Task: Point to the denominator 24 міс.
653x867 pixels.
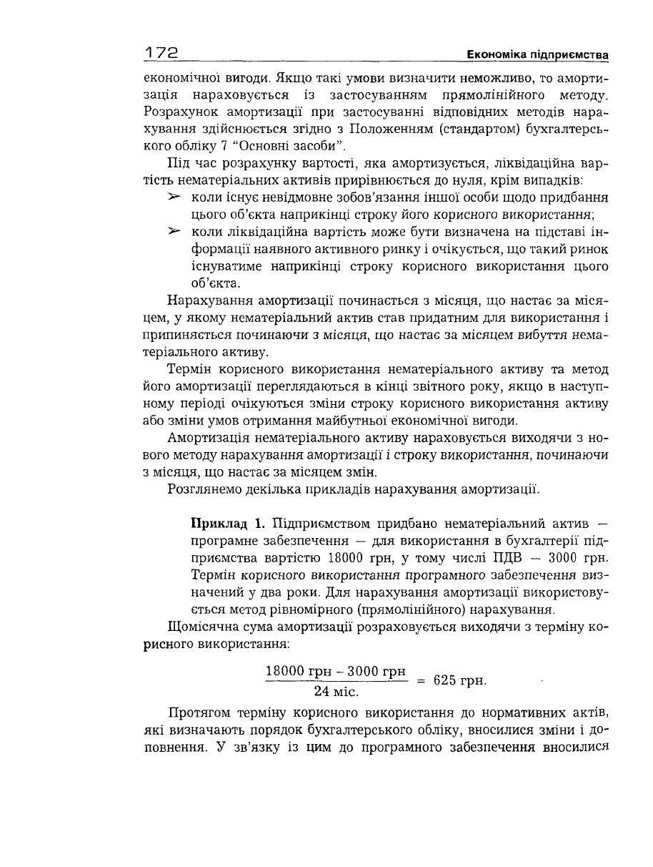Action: pyautogui.click(x=336, y=692)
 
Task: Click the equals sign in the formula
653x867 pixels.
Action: pyautogui.click(x=422, y=680)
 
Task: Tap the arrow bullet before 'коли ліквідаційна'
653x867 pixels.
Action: pyautogui.click(x=172, y=232)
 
